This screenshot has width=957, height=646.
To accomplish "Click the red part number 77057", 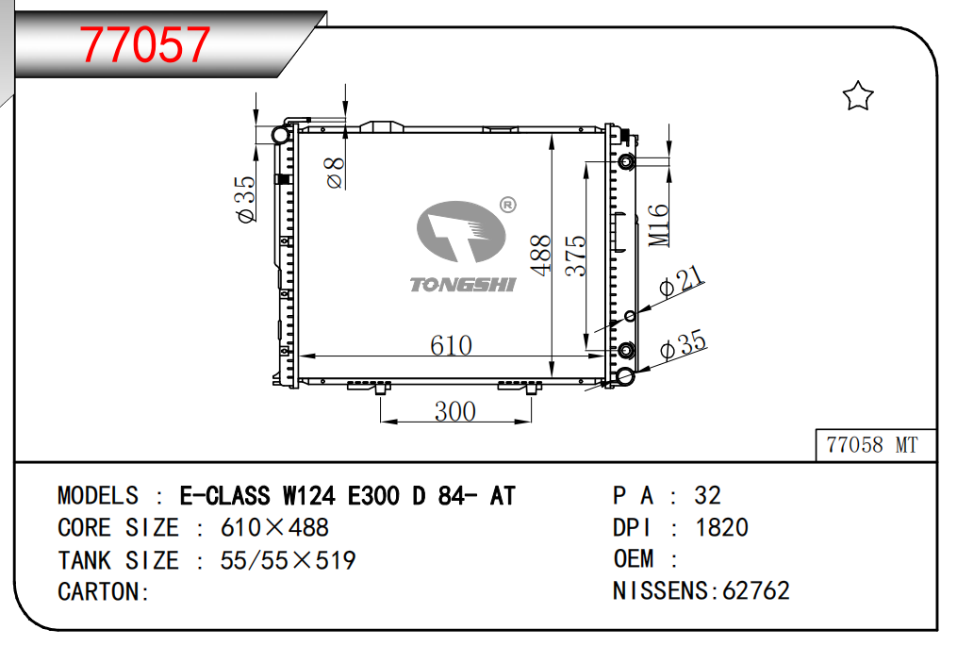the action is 144,44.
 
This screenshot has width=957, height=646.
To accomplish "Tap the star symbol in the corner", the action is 857,96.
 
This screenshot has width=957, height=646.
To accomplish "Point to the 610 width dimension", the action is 451,345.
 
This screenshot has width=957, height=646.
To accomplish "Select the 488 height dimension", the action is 541,256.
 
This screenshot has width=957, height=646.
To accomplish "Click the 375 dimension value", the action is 575,257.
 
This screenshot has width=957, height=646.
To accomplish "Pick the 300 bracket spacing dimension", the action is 455,411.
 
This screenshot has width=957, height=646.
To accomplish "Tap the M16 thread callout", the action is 658,224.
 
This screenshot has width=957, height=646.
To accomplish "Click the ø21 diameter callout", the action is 682,282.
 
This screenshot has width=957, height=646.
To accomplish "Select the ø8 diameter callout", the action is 335,173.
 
